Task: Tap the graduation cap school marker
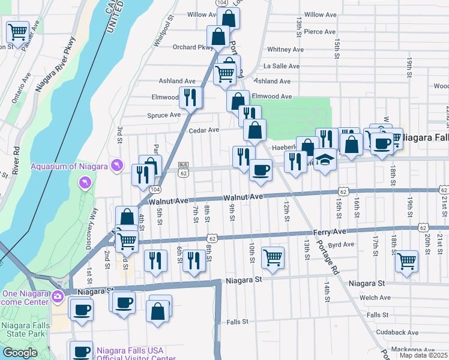click(x=325, y=160)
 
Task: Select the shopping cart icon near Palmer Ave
click(x=17, y=32)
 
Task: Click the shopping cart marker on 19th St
click(x=407, y=261)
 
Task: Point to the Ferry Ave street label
click(x=330, y=231)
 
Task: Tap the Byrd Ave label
click(x=342, y=244)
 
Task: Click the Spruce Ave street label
click(x=164, y=115)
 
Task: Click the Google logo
click(x=20, y=353)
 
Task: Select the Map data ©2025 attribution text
click(x=423, y=355)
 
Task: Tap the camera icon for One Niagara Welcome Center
click(x=57, y=296)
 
